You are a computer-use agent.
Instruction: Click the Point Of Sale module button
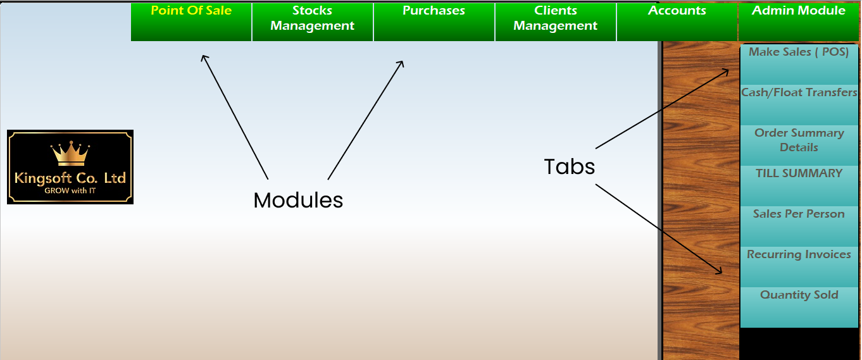pyautogui.click(x=191, y=22)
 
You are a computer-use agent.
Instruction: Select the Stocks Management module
pyautogui.click(x=313, y=22)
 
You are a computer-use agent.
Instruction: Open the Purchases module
pyautogui.click(x=434, y=22)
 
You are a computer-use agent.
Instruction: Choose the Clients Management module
pyautogui.click(x=556, y=22)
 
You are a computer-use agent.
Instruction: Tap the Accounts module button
pyautogui.click(x=677, y=22)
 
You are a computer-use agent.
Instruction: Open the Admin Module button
pyautogui.click(x=799, y=22)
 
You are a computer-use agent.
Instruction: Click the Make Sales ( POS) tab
pyautogui.click(x=799, y=64)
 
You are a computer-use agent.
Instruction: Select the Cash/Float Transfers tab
pyautogui.click(x=799, y=104)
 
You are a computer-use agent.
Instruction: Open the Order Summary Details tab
pyautogui.click(x=799, y=145)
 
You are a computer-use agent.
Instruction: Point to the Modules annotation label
pyautogui.click(x=298, y=200)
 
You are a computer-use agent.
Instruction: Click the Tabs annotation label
pyautogui.click(x=570, y=166)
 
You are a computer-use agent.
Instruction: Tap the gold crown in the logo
pyautogui.click(x=70, y=154)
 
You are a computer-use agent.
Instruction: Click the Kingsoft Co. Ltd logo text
pyautogui.click(x=70, y=178)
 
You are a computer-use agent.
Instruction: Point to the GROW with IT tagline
pyautogui.click(x=70, y=190)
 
